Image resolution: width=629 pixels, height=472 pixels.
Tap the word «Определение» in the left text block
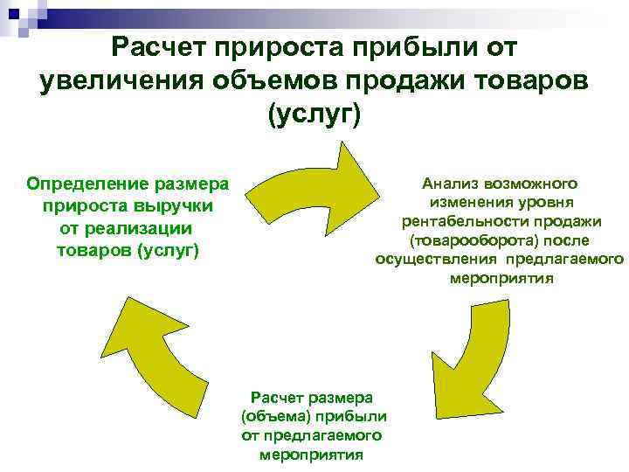click(x=88, y=184)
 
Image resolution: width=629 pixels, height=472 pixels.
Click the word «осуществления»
click(x=434, y=260)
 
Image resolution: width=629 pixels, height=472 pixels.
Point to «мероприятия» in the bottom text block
click(x=312, y=455)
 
